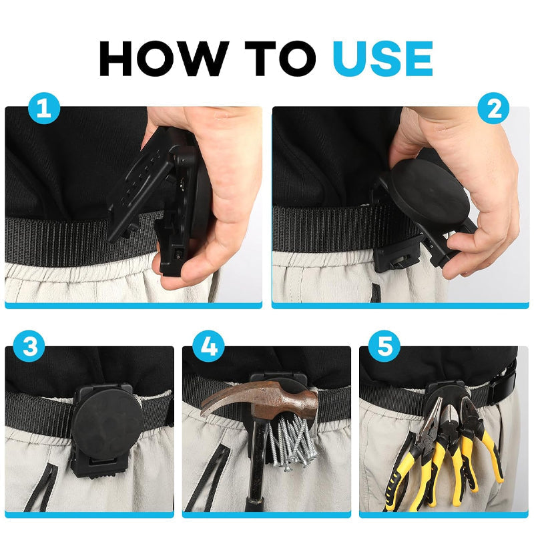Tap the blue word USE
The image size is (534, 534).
tap(382, 59)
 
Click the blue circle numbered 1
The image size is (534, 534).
tap(44, 108)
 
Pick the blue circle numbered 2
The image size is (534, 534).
tap(493, 108)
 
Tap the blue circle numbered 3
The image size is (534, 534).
tap(29, 346)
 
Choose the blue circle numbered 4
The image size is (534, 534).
tap(208, 346)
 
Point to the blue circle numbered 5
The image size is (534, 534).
tap(384, 346)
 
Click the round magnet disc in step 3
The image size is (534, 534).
tap(107, 421)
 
